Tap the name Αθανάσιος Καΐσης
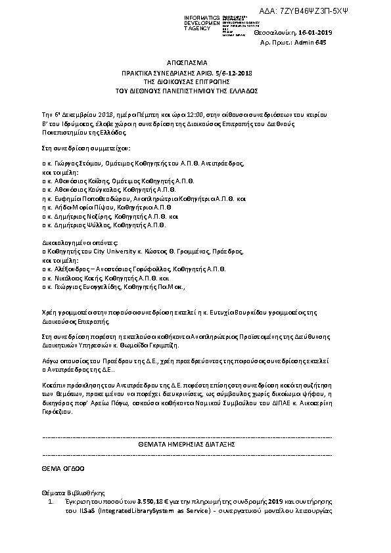[x=80, y=178]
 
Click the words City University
[x=113, y=251]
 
